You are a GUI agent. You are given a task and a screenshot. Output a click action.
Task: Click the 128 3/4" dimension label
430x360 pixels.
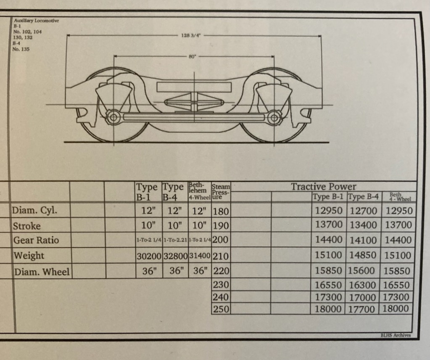191,35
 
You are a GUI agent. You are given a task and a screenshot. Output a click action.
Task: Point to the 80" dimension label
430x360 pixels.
193,56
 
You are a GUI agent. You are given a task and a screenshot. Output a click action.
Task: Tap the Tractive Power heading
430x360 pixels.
323,187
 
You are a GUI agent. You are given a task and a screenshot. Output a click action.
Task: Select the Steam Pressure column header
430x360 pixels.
221,191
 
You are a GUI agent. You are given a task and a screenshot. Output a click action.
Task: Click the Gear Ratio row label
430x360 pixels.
36,240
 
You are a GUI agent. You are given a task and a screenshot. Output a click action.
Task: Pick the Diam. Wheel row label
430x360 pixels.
42,272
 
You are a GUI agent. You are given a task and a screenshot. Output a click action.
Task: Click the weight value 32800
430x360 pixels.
176,256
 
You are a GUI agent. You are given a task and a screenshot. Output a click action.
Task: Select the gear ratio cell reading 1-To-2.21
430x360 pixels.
175,240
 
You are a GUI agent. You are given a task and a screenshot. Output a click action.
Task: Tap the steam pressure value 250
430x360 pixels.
221,309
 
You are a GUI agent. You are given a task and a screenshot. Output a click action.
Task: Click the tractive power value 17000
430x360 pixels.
362,297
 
